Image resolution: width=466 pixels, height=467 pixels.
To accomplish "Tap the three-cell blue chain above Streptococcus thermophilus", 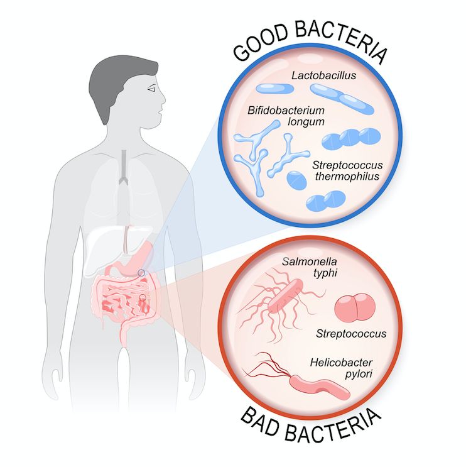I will pos(350,139).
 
